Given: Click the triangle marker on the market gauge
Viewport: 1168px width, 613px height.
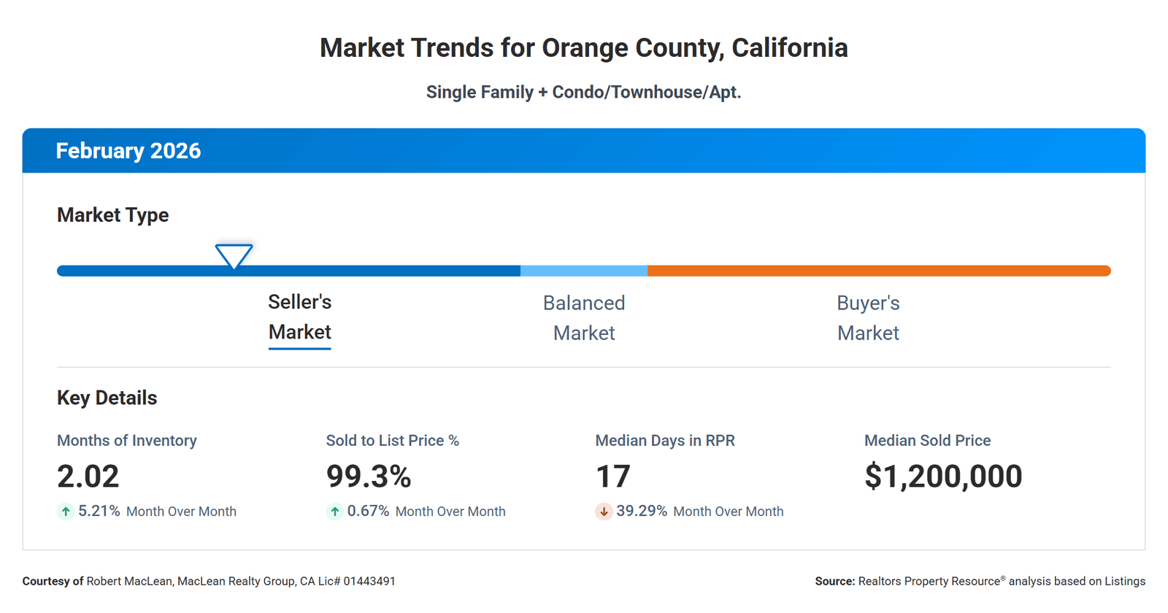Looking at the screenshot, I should pyautogui.click(x=234, y=255).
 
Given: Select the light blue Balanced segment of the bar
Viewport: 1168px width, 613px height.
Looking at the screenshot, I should pyautogui.click(x=583, y=271).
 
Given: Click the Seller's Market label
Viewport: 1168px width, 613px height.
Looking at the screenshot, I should pyautogui.click(x=299, y=317).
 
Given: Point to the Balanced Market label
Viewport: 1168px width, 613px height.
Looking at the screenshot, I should pyautogui.click(x=583, y=317).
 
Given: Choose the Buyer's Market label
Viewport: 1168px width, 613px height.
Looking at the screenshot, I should pyautogui.click(x=868, y=317).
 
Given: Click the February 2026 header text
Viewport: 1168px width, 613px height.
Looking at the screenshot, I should pyautogui.click(x=128, y=151).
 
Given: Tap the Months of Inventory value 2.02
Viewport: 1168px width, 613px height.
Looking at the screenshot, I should pyautogui.click(x=88, y=477).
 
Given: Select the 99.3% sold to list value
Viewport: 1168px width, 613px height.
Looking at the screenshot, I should pyautogui.click(x=369, y=477).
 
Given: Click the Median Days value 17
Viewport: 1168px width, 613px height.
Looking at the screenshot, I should pyautogui.click(x=612, y=477).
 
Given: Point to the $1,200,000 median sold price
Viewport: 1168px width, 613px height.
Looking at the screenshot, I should pyautogui.click(x=942, y=477).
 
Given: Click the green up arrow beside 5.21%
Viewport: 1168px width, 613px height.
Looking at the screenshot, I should pyautogui.click(x=66, y=512).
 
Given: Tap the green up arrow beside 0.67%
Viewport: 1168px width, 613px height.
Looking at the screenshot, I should pyautogui.click(x=334, y=512).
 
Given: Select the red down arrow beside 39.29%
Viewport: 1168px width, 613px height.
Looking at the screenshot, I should pyautogui.click(x=604, y=512).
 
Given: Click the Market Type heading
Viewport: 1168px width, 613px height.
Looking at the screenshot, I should pyautogui.click(x=112, y=215).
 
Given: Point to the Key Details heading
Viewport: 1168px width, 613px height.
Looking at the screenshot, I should pyautogui.click(x=107, y=398).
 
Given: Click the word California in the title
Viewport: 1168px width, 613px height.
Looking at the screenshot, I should pyautogui.click(x=789, y=48).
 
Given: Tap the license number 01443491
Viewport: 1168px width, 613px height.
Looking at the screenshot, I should pyautogui.click(x=369, y=582).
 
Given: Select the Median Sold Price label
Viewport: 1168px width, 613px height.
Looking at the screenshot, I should pyautogui.click(x=927, y=441).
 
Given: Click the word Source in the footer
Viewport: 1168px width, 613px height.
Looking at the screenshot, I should pyautogui.click(x=834, y=582).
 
